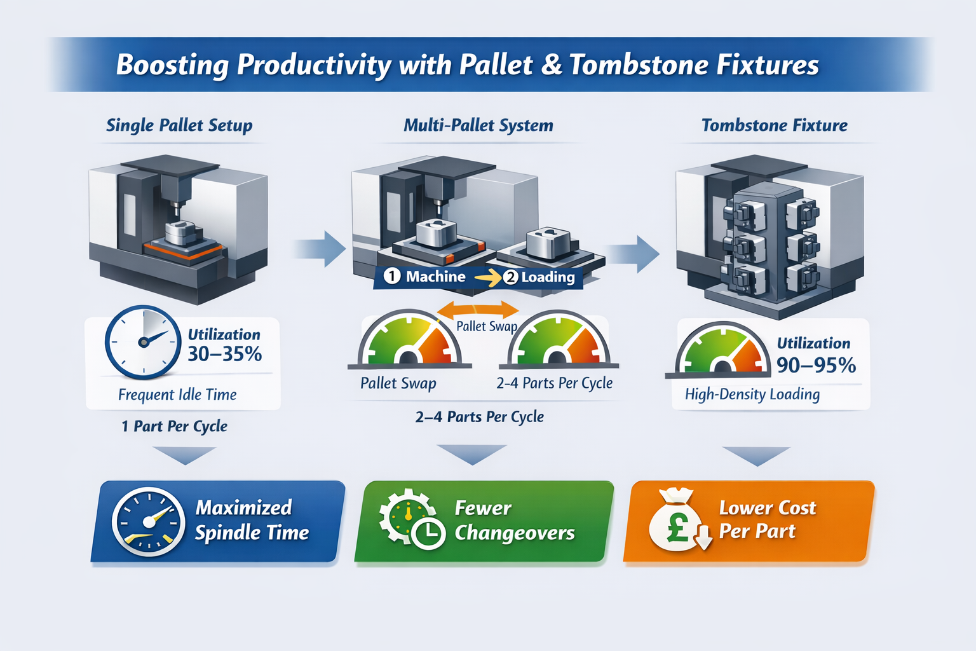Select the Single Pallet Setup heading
pos(179,125)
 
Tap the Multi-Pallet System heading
pos(478,125)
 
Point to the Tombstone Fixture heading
pos(774,125)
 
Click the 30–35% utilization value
pos(224,354)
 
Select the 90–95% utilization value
pos(816,365)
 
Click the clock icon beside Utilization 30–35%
pos(143,342)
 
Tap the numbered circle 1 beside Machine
pos(392,276)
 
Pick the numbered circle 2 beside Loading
pos(510,277)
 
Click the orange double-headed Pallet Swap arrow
pos(478,310)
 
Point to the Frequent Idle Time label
pos(177,395)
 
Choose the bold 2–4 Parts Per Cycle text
pos(479,417)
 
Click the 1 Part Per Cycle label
pos(175,426)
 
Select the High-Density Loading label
pos(752,395)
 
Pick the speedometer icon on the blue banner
pos(148,522)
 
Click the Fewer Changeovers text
pos(514,520)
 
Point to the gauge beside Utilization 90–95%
pos(721,353)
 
